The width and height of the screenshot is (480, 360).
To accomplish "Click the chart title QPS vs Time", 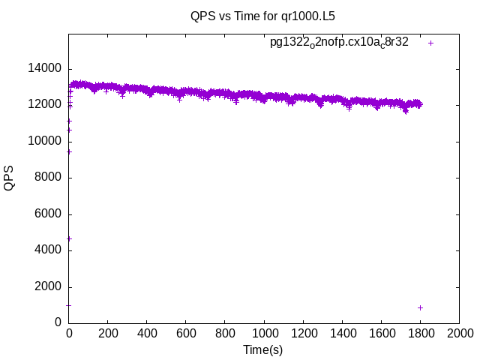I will pyautogui.click(x=240, y=14).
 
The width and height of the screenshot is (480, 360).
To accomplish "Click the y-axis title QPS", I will pyautogui.click(x=10, y=178).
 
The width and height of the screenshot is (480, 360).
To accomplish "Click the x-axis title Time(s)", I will pyautogui.click(x=263, y=349).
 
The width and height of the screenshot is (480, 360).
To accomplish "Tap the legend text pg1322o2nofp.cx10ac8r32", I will pyautogui.click(x=339, y=43).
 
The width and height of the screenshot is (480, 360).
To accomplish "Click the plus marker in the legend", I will pyautogui.click(x=431, y=43).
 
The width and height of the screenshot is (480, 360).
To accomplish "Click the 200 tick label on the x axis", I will pyautogui.click(x=108, y=332).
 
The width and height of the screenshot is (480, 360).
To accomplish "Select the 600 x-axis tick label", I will pyautogui.click(x=186, y=332).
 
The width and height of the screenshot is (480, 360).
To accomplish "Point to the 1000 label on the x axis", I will pyautogui.click(x=264, y=332).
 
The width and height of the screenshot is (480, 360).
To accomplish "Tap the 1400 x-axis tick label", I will pyautogui.click(x=342, y=332).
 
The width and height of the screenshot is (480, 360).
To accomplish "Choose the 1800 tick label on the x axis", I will pyautogui.click(x=420, y=332).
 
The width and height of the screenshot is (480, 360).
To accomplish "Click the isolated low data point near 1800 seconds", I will pyautogui.click(x=421, y=307).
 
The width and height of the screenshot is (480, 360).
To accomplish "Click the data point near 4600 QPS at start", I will pyautogui.click(x=69, y=238).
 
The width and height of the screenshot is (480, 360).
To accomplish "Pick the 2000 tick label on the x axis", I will pyautogui.click(x=459, y=332).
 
